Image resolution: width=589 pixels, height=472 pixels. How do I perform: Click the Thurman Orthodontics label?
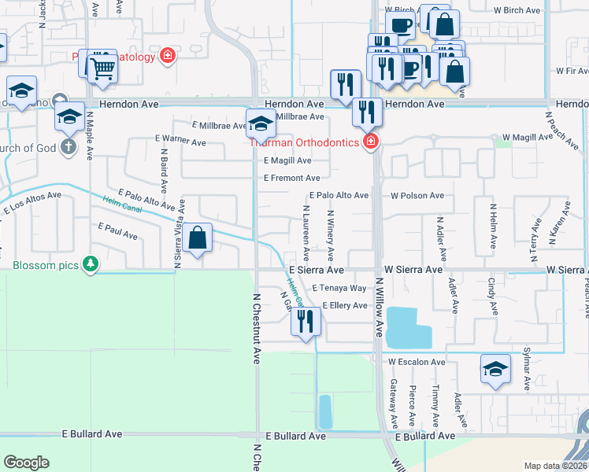305,142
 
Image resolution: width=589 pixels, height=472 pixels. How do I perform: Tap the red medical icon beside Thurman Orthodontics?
370,142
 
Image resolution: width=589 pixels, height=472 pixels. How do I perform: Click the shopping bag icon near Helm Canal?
199,237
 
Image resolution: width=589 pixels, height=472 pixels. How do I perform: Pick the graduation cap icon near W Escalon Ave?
495,369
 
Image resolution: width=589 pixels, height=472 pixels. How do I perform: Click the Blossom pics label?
46,265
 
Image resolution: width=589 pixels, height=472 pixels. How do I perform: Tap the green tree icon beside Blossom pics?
92,264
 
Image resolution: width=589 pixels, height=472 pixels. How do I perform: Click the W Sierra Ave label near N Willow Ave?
413,269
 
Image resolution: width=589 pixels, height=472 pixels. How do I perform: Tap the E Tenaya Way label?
339,289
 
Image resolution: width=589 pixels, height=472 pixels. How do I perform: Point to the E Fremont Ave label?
291,178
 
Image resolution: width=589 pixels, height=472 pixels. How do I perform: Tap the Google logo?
27,463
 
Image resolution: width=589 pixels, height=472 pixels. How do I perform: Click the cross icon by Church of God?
69,147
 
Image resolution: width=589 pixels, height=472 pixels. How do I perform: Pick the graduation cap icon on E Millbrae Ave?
261,122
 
